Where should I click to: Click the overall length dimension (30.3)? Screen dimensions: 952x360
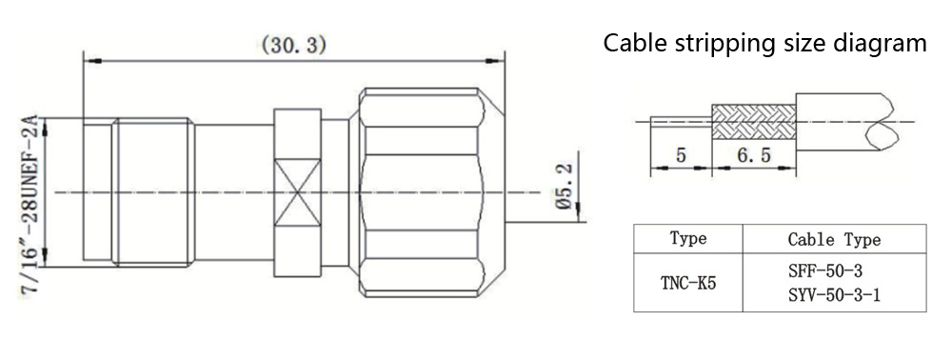pos(294,46)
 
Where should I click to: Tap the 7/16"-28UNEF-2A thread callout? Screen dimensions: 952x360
pos(31,205)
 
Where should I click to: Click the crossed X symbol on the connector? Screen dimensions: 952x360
pos(297,191)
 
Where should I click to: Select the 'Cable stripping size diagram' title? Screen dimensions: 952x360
pos(765,43)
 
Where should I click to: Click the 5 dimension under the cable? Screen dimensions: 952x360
pos(681,156)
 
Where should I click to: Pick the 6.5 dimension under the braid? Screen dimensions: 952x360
pos(753,156)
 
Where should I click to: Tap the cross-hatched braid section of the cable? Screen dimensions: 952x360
pos(753,121)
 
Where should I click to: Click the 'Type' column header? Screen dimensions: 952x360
pos(688,238)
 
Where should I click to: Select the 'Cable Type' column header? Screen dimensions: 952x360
pos(834,239)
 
